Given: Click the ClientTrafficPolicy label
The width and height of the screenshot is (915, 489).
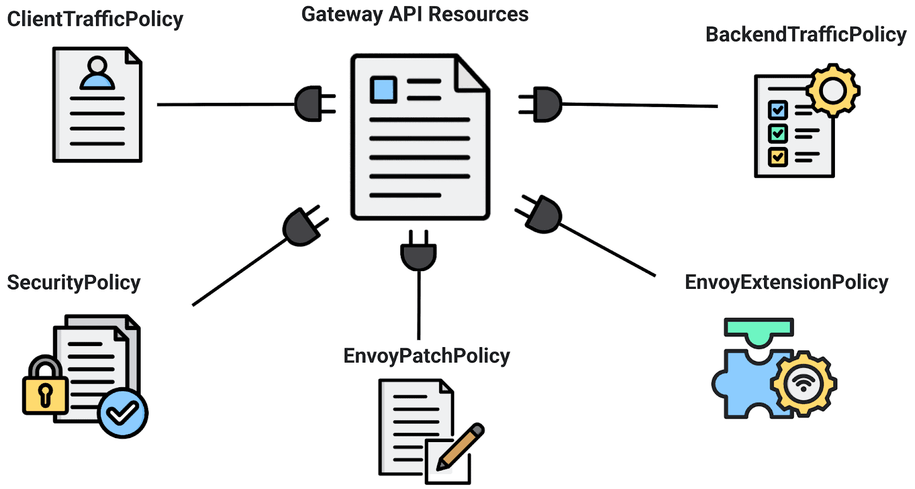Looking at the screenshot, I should click(95, 19).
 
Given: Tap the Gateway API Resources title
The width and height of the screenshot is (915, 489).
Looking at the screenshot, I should click(415, 15).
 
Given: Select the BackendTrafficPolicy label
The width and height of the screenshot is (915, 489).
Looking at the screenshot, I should click(805, 35).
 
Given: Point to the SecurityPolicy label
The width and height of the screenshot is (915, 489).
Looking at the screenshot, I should click(73, 283).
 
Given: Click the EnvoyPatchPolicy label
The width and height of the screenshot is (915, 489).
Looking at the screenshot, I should click(426, 356).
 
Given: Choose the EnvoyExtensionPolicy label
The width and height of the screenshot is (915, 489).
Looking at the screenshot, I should click(786, 282).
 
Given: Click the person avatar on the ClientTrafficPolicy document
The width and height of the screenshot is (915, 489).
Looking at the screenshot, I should click(97, 73).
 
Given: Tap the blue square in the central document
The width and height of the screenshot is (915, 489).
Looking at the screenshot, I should click(383, 90).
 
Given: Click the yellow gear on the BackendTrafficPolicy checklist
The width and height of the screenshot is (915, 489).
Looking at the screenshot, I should click(833, 90).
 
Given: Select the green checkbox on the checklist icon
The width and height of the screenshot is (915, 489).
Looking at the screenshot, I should click(778, 133).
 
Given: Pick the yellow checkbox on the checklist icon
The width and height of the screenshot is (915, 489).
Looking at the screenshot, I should click(778, 156).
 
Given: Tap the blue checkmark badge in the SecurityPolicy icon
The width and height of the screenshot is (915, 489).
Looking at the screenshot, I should click(122, 413).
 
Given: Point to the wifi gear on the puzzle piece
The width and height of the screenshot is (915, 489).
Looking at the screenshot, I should click(803, 383).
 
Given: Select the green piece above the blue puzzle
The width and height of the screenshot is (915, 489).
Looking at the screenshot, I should click(759, 331).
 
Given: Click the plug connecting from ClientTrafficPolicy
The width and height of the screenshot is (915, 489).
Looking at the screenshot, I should click(312, 104).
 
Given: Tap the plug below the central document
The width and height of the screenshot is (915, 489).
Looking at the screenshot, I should click(419, 253).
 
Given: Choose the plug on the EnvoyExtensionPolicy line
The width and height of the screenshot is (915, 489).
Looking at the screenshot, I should click(542, 214).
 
